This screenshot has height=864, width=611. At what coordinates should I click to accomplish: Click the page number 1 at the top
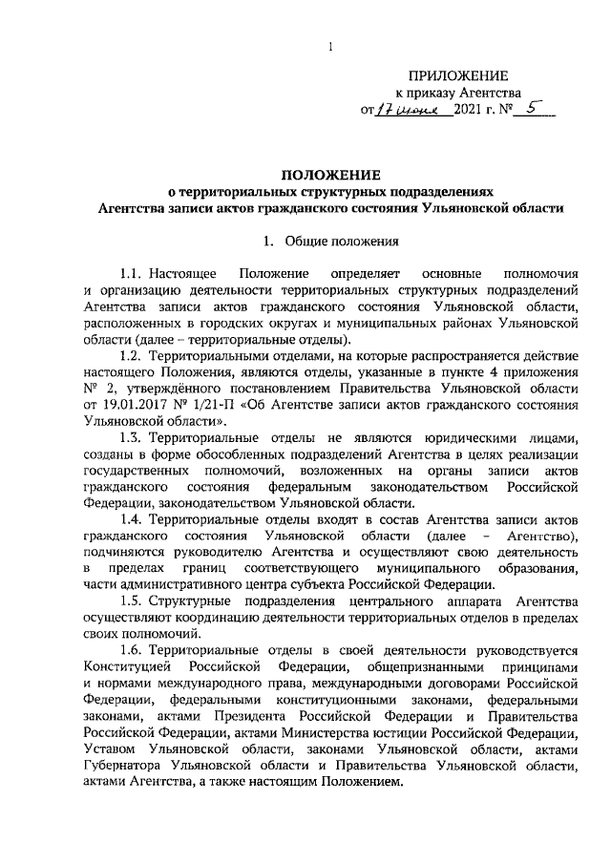click(329, 48)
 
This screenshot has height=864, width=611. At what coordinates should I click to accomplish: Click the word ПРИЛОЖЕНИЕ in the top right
click(458, 75)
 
